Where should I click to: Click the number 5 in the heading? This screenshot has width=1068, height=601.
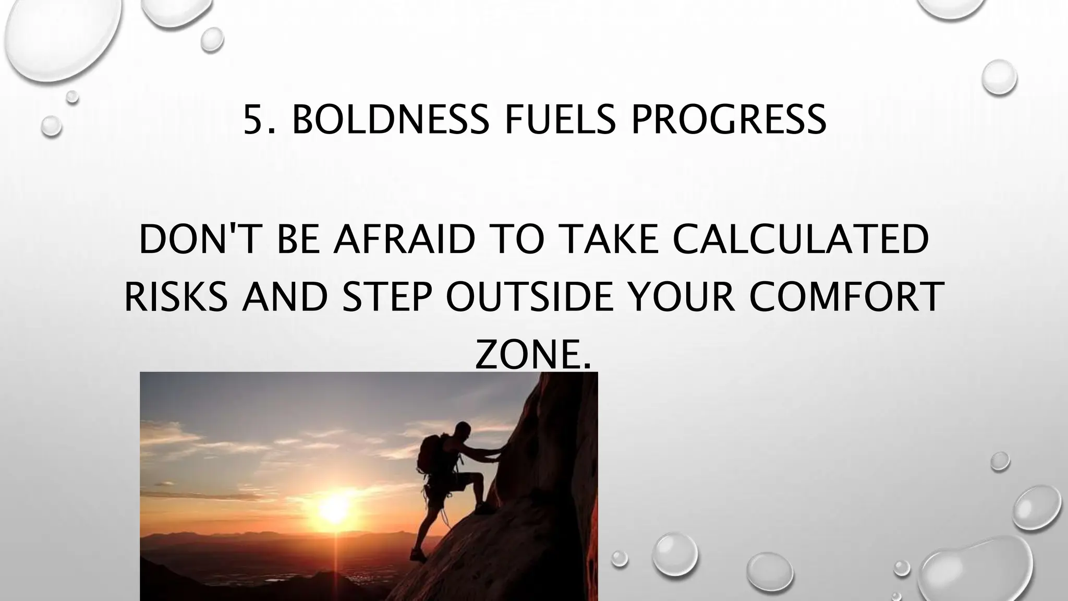point(253,119)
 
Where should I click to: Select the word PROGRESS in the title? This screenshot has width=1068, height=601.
point(728,119)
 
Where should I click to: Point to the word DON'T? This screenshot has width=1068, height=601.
point(199,240)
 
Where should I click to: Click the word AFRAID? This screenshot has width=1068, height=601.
point(405,240)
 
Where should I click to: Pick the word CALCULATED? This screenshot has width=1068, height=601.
point(800,240)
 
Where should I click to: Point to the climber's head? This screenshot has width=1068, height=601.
point(462,431)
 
